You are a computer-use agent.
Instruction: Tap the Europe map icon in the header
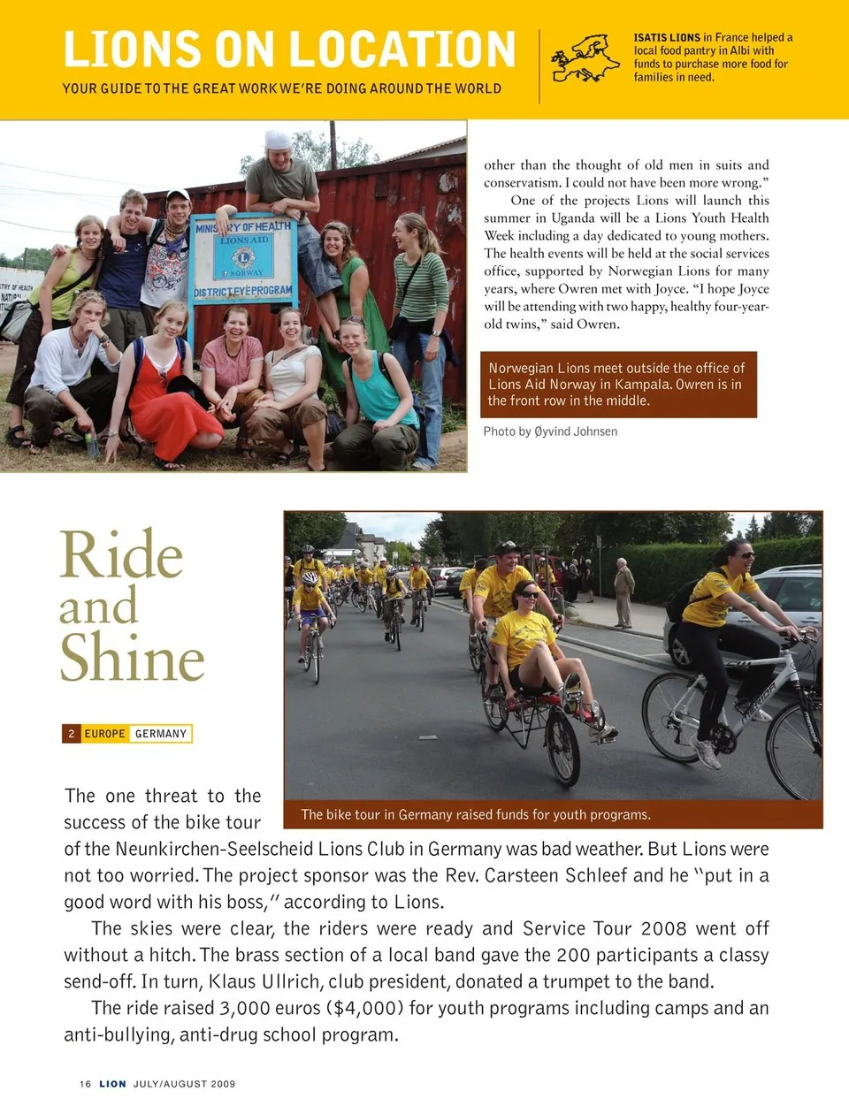[585, 58]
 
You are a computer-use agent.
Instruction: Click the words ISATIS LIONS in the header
[667, 38]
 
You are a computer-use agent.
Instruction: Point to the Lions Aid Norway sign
[243, 258]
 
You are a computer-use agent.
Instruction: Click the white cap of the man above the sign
[279, 140]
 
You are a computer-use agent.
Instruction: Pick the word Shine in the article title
[133, 659]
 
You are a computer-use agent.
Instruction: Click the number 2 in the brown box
[72, 734]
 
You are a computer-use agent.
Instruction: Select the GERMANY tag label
[161, 734]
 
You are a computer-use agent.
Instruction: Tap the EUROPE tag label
[104, 734]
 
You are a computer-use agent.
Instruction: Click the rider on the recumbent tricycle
[531, 645]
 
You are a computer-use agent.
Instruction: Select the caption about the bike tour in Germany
[476, 814]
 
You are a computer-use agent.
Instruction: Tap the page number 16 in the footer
[85, 1084]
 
